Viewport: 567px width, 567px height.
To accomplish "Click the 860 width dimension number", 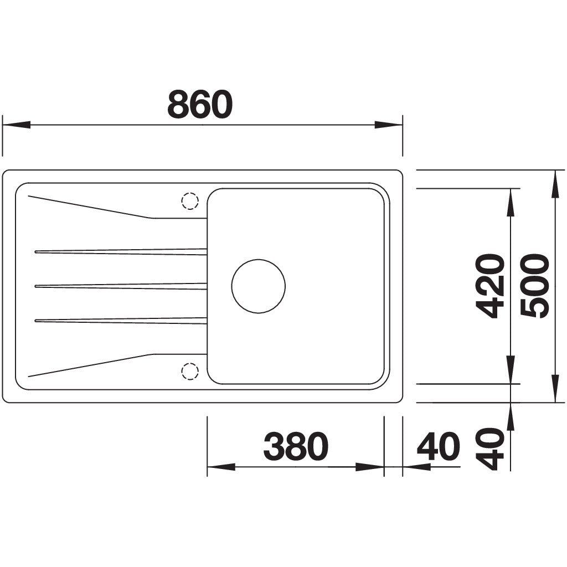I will tap(200, 105).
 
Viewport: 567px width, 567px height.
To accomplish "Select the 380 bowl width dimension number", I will tap(296, 447).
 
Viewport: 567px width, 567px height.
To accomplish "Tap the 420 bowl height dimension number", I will tap(491, 286).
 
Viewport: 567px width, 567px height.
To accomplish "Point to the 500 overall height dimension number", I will tap(535, 286).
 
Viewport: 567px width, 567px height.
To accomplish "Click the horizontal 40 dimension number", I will tap(438, 447).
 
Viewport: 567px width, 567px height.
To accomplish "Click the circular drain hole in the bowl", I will tap(258, 286).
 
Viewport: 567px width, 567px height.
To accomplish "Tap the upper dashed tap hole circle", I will tap(189, 201).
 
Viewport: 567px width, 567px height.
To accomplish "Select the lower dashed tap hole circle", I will tap(189, 371).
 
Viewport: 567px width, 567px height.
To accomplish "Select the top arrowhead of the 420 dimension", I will tap(510, 202).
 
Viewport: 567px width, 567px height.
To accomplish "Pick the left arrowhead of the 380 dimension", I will tap(220, 467).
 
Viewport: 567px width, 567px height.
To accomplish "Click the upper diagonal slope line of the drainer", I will tap(89, 207).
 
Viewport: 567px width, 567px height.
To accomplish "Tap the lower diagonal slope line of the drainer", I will tap(89, 365).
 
